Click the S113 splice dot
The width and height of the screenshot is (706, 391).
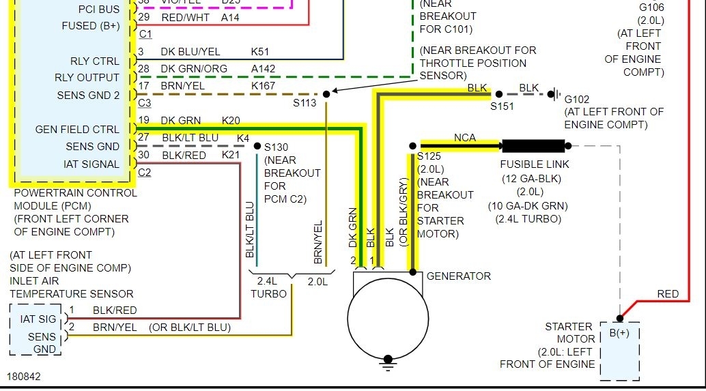point(326,93)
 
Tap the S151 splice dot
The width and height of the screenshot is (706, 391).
point(498,94)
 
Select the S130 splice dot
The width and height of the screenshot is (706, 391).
point(257,146)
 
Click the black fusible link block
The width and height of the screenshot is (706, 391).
point(533,145)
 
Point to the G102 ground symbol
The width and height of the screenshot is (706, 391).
point(556,94)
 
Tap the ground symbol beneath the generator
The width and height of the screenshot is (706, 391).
point(388,360)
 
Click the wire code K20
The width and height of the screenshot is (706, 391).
point(231,121)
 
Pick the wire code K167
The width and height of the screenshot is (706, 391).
point(264,86)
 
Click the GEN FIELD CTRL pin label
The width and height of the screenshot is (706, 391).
point(77,129)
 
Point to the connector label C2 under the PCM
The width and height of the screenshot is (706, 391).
point(145,173)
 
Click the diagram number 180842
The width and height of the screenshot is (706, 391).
point(25,376)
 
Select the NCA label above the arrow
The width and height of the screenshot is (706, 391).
point(465,138)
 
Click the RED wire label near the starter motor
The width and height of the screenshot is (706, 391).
point(668,294)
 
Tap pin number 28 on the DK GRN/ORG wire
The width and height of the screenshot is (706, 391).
point(143,69)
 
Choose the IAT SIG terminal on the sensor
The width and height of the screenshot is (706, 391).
point(38,319)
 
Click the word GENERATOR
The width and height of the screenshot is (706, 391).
point(458,276)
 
